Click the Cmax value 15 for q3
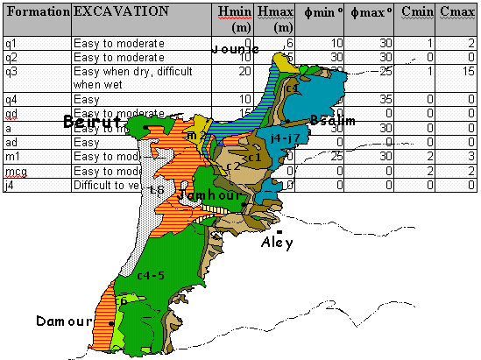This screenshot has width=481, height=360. [x=469, y=71]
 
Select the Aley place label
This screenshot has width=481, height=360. [x=277, y=244]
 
